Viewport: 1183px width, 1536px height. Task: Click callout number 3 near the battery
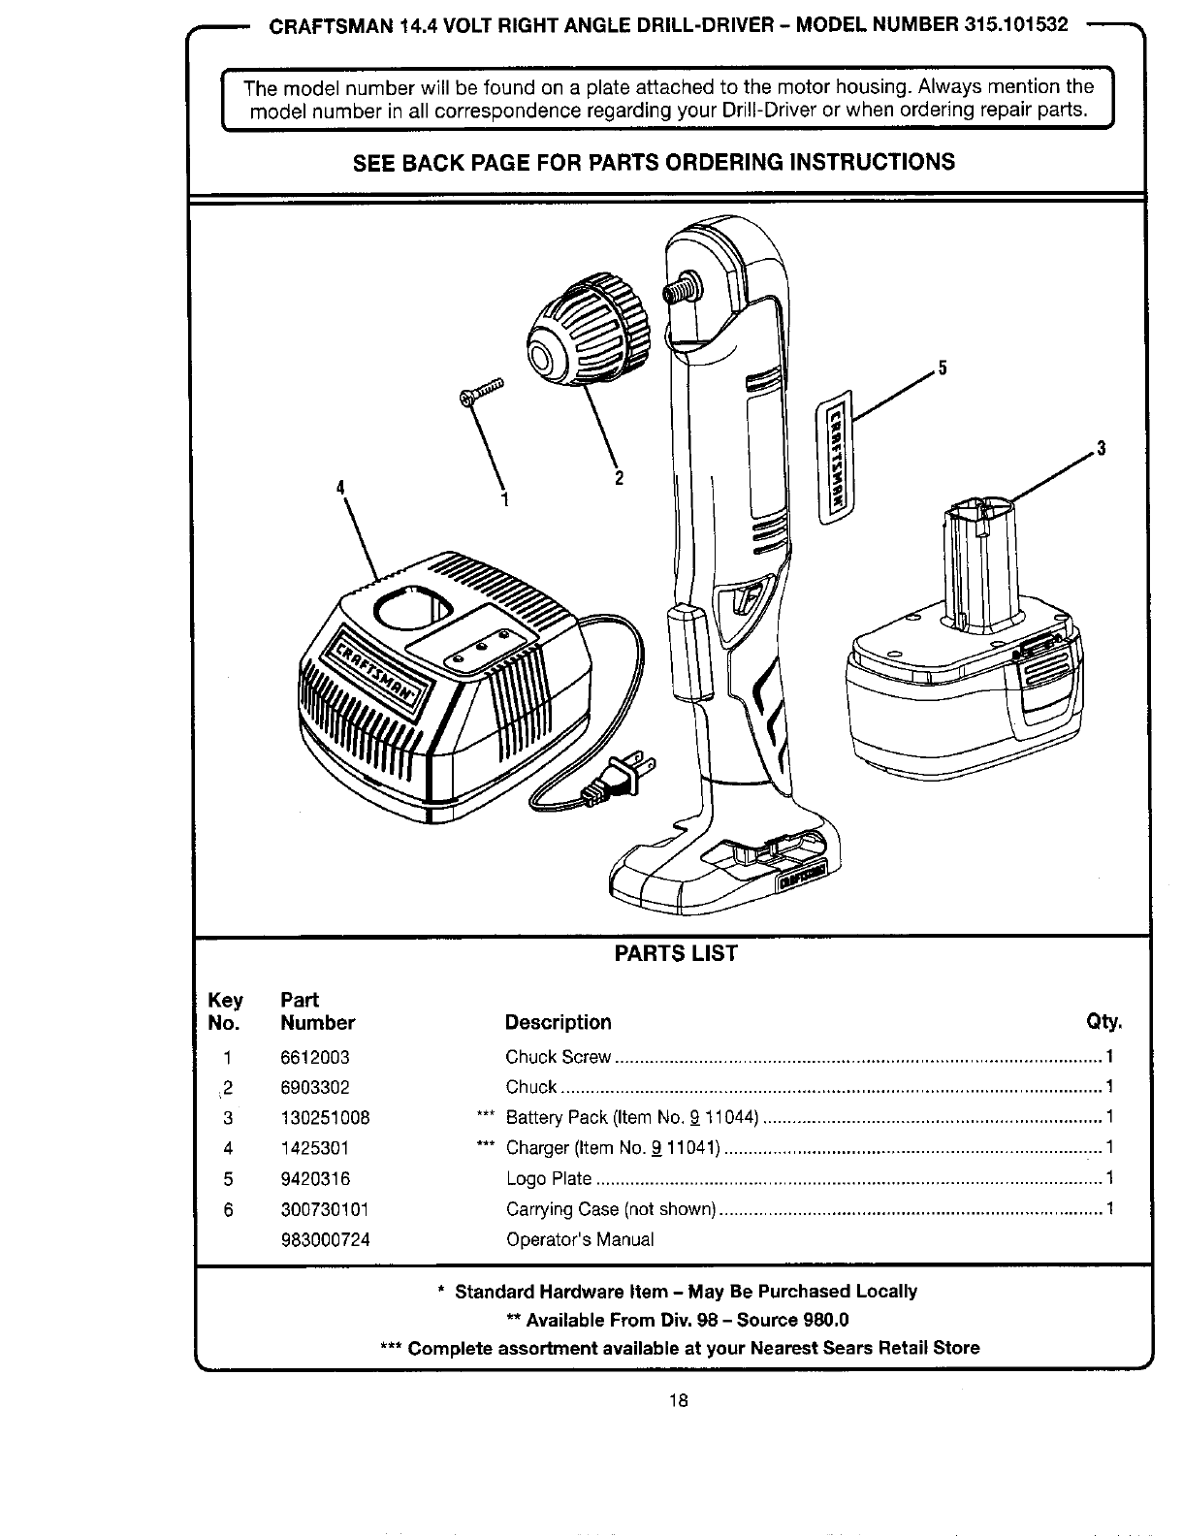tap(1101, 448)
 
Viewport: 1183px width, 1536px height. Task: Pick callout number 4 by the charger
tap(340, 487)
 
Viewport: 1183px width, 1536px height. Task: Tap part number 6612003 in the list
tap(314, 1057)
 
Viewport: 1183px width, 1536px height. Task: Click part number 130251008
tap(325, 1118)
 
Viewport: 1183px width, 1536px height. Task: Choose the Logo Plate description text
tap(549, 1179)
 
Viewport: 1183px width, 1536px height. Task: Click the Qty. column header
tap(1104, 1023)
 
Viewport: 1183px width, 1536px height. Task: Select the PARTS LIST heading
tap(676, 954)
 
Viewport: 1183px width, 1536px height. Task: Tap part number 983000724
tap(325, 1240)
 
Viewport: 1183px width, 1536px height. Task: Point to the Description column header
tap(558, 1023)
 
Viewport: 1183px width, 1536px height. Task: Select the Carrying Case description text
tap(611, 1210)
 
